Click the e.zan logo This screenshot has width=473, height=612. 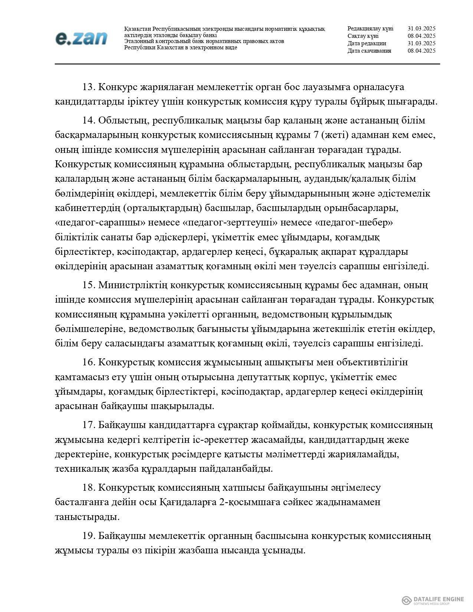coord(81,38)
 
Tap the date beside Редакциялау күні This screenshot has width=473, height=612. coord(421,29)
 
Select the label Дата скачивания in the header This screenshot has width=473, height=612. coord(369,51)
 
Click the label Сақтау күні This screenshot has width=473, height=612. coord(363,36)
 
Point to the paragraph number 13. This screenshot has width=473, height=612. coord(89,88)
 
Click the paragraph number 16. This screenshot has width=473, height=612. coord(89,362)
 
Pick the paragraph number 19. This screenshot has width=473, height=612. coord(89,536)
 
